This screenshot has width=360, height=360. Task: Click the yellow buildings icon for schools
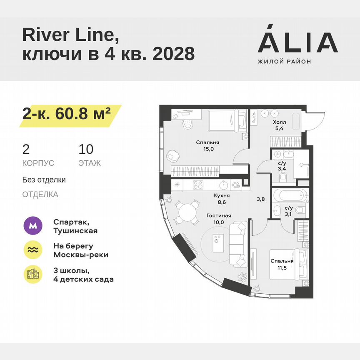[x=33, y=274]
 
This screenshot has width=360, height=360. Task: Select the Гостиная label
[x=218, y=215]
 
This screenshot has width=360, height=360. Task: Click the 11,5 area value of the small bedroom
[x=282, y=267]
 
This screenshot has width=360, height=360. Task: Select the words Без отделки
[x=44, y=180]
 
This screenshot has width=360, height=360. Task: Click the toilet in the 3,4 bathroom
[x=284, y=178]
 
